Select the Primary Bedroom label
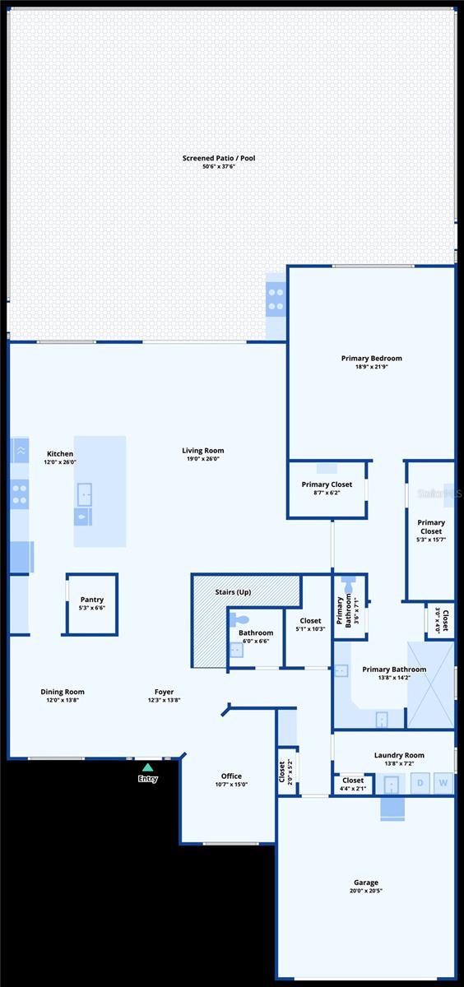pyautogui.click(x=371, y=359)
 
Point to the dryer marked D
pyautogui.click(x=420, y=783)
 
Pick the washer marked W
pyautogui.click(x=443, y=783)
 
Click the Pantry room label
pyautogui.click(x=91, y=600)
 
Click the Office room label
pyautogui.click(x=231, y=776)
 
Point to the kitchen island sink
pyautogui.click(x=84, y=495)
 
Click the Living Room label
pyautogui.click(x=202, y=451)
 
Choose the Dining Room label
pyautogui.click(x=63, y=692)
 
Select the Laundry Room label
pyautogui.click(x=399, y=755)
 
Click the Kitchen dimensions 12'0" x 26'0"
pyautogui.click(x=60, y=462)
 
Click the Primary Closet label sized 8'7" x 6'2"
pyautogui.click(x=327, y=484)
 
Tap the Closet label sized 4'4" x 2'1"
pyautogui.click(x=353, y=781)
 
